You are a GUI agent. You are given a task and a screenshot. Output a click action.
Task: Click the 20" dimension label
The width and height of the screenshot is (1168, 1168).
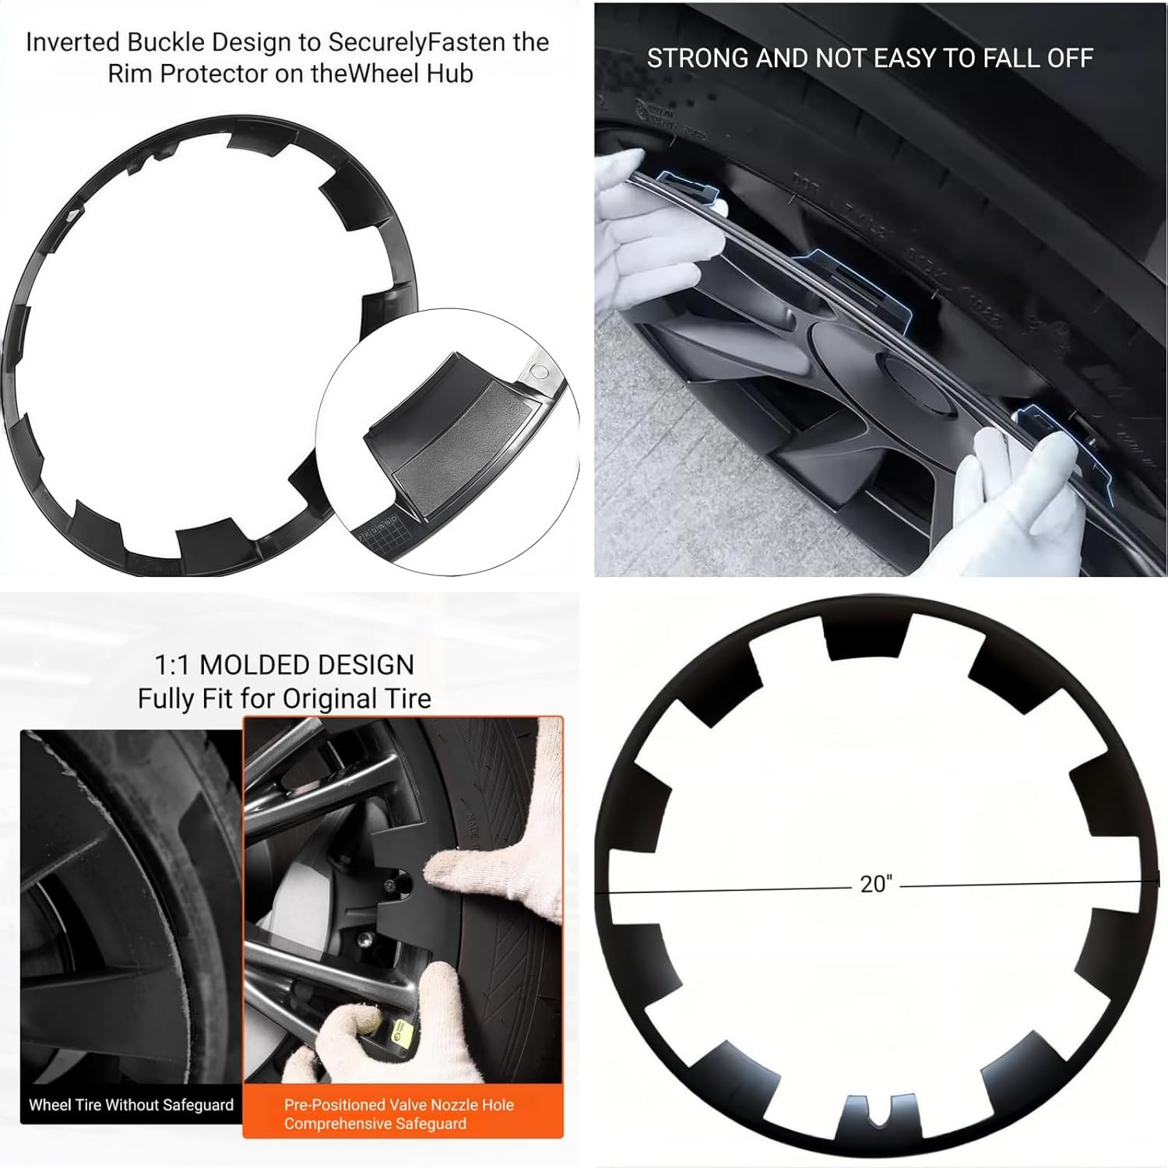tap(876, 884)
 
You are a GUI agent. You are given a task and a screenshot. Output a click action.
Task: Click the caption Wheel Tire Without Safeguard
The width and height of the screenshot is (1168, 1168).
tap(131, 1105)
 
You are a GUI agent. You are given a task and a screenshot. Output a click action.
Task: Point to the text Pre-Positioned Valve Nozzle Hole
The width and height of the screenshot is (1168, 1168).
tap(399, 1105)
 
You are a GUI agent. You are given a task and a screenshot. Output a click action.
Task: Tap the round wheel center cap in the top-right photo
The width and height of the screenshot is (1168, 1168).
tap(917, 386)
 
